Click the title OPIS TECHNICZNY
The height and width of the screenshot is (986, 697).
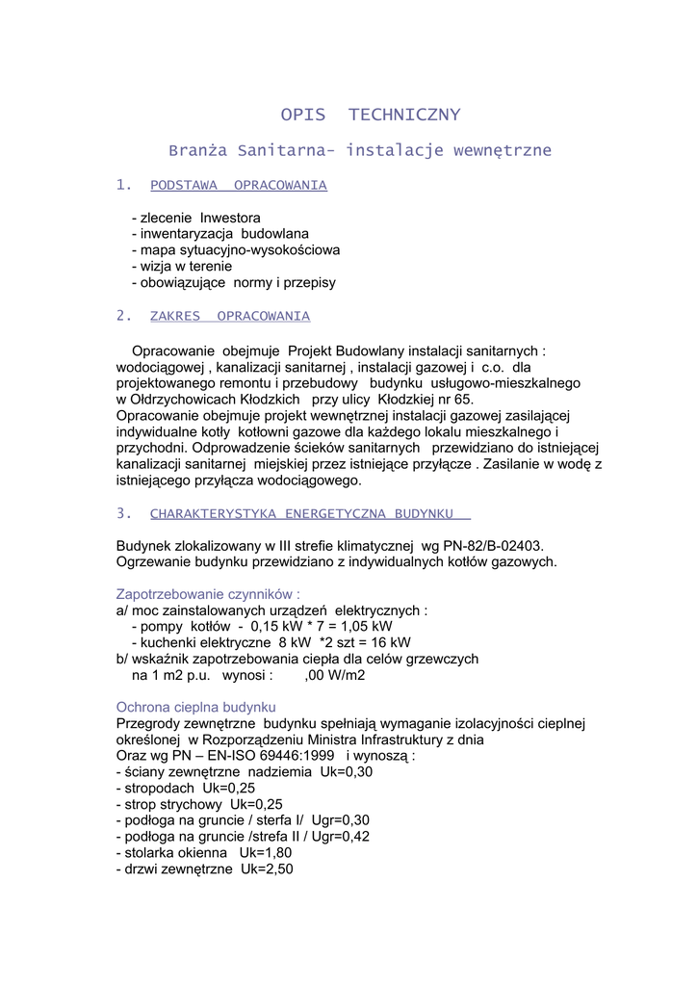click(371, 116)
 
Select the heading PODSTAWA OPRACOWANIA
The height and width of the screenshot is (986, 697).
click(239, 185)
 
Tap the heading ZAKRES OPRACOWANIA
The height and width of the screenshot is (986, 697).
click(230, 316)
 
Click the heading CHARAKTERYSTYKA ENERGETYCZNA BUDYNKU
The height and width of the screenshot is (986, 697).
click(310, 513)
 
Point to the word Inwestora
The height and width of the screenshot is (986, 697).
click(230, 218)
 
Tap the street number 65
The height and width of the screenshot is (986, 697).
click(461, 399)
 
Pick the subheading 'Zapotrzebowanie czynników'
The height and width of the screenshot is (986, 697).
click(208, 594)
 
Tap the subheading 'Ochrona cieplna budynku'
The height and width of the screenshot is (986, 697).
click(196, 707)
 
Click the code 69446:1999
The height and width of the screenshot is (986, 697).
click(288, 756)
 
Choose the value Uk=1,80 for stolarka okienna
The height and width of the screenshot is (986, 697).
click(266, 853)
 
